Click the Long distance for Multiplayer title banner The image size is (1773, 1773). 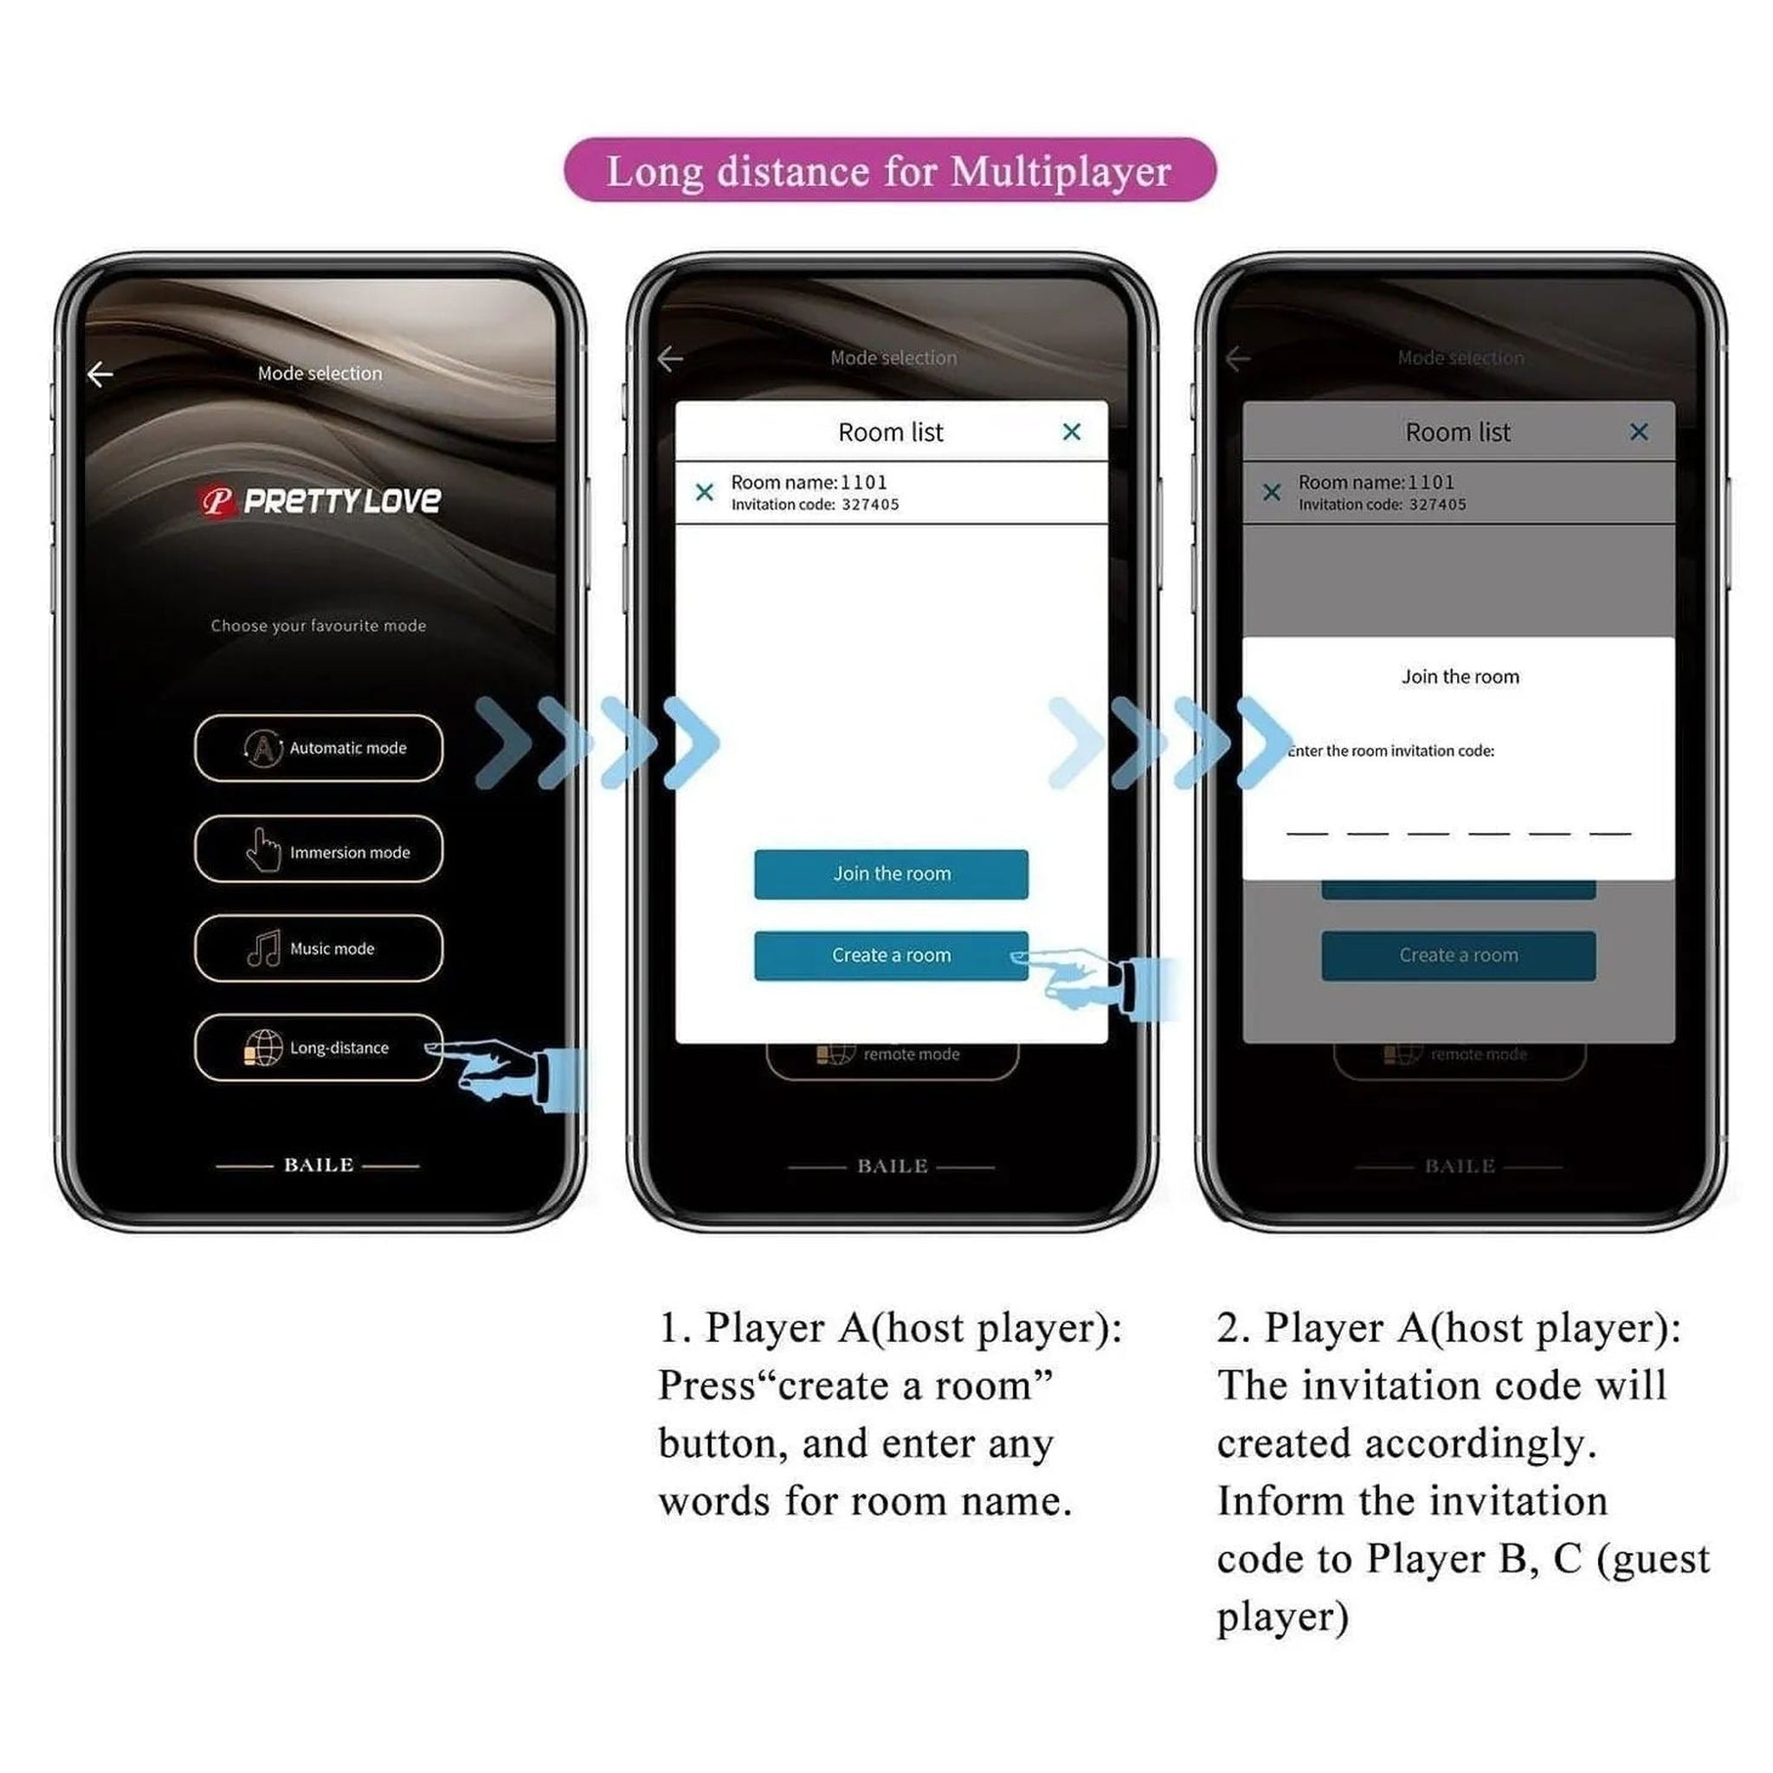888,171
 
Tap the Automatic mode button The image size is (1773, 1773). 319,748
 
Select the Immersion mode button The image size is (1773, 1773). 319,850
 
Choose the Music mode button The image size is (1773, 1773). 319,948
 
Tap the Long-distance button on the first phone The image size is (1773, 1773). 319,1048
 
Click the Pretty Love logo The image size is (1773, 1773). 320,501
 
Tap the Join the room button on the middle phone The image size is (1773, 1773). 890,874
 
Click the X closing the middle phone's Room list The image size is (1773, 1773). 1071,431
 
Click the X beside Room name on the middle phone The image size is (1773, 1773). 704,493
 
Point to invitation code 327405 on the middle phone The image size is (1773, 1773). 869,505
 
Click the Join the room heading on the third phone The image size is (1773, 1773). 1459,677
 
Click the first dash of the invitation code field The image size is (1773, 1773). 1306,830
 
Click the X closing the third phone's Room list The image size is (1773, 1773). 1638,431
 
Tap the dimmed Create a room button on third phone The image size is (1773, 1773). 1457,956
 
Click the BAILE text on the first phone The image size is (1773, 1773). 319,1165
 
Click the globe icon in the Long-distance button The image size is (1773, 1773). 263,1048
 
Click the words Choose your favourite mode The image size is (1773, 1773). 319,626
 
